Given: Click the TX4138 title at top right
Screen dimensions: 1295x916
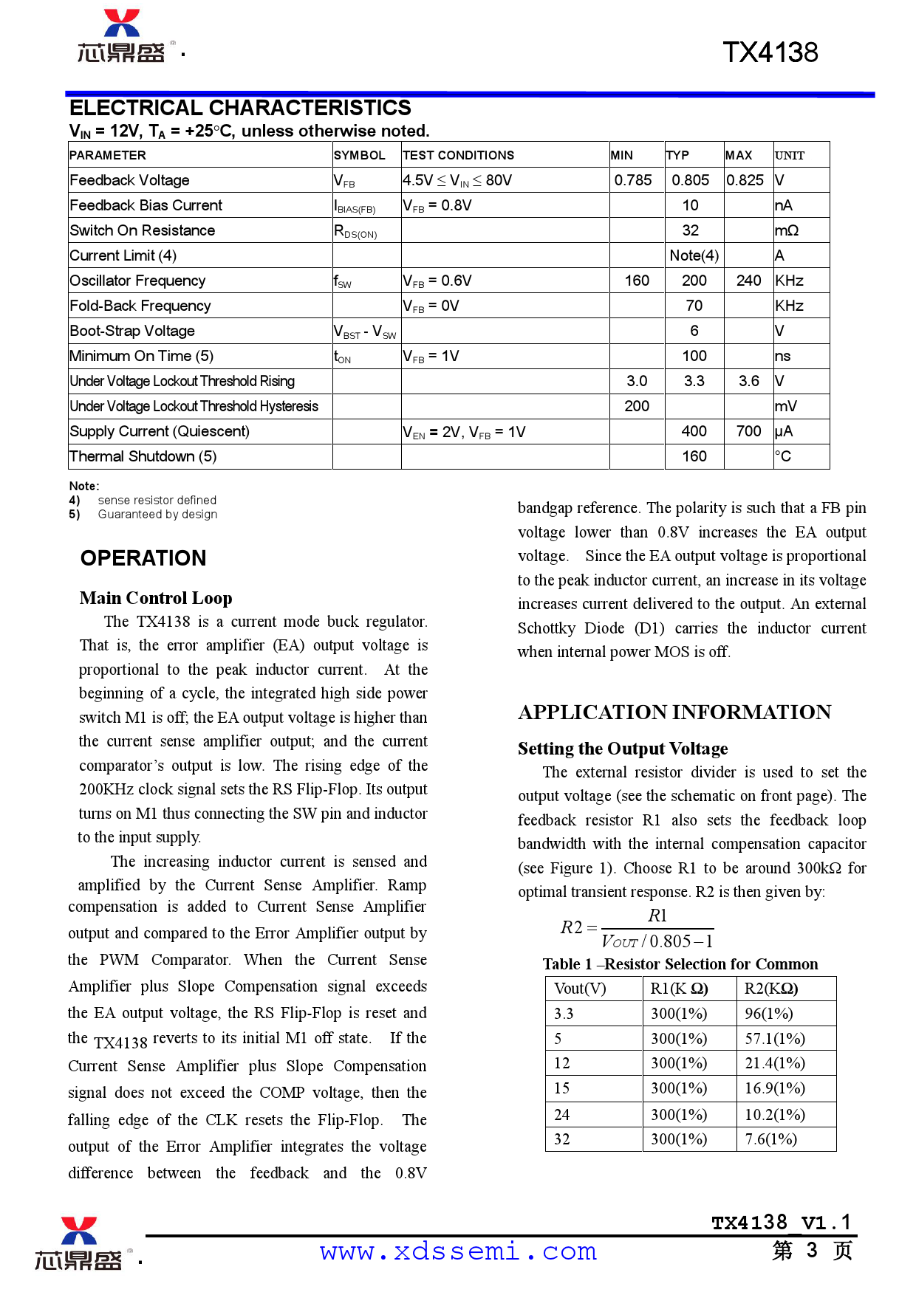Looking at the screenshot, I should [770, 52].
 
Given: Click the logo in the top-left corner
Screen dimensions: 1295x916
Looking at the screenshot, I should [123, 37].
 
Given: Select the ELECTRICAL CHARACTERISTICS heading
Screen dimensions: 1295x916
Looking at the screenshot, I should [240, 109].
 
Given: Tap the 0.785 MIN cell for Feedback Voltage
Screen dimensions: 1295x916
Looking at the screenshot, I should [633, 180].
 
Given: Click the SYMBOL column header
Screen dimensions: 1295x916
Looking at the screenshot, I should [359, 155].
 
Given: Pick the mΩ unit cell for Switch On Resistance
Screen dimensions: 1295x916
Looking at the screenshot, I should [787, 230].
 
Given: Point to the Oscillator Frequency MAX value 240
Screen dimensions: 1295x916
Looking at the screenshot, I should [748, 281].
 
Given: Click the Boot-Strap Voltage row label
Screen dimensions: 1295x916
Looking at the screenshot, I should [132, 331].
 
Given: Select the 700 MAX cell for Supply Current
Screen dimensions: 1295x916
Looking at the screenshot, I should [748, 431].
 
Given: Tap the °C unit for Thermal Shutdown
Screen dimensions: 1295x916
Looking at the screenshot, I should [783, 456].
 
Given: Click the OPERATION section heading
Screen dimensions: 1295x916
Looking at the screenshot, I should [143, 558].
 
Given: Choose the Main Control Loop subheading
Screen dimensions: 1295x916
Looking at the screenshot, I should [156, 598].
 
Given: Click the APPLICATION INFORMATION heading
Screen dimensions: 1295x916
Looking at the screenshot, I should [674, 712].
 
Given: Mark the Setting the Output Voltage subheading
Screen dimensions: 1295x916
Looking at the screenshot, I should [623, 749].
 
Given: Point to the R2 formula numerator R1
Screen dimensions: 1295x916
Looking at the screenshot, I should [657, 916].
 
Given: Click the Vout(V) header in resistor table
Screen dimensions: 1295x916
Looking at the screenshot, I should [580, 989].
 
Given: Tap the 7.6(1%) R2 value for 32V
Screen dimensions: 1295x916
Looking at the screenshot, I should [770, 1139].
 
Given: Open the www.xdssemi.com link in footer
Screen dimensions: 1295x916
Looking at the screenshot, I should [458, 1251].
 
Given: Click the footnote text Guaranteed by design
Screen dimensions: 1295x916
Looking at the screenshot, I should [157, 515].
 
